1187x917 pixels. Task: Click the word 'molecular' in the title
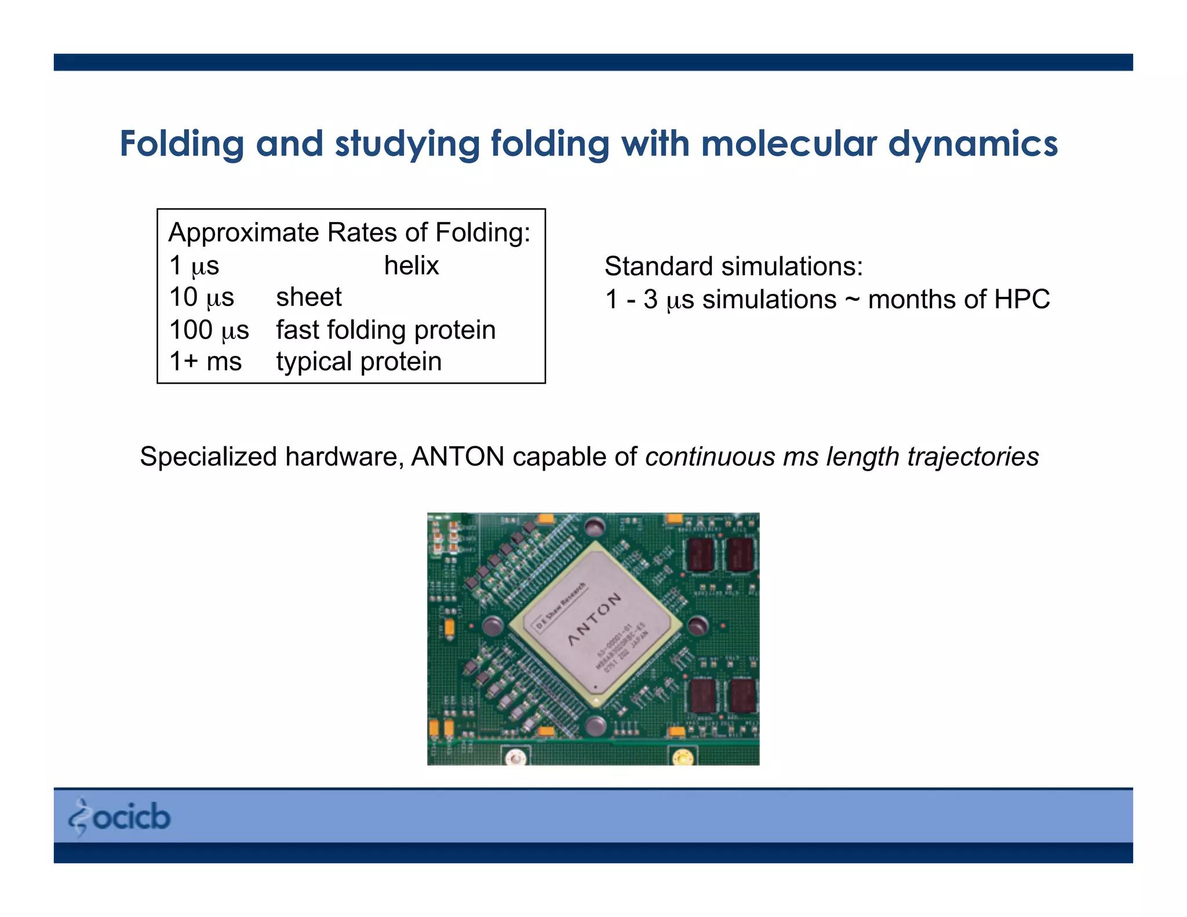[x=788, y=143]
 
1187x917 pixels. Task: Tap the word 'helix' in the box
[x=412, y=265]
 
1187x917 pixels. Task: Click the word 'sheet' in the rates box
[x=308, y=297]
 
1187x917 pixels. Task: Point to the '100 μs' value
[x=209, y=330]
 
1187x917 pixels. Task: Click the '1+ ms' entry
[x=205, y=362]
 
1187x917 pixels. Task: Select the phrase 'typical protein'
[x=359, y=362]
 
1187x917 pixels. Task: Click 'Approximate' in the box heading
[x=243, y=232]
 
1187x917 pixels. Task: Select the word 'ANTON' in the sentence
[x=457, y=457]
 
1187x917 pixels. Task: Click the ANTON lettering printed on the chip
[x=594, y=619]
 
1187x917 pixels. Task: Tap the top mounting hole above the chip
[x=594, y=527]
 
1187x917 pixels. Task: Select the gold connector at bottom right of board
[x=683, y=757]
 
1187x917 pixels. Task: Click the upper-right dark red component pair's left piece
[x=700, y=555]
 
